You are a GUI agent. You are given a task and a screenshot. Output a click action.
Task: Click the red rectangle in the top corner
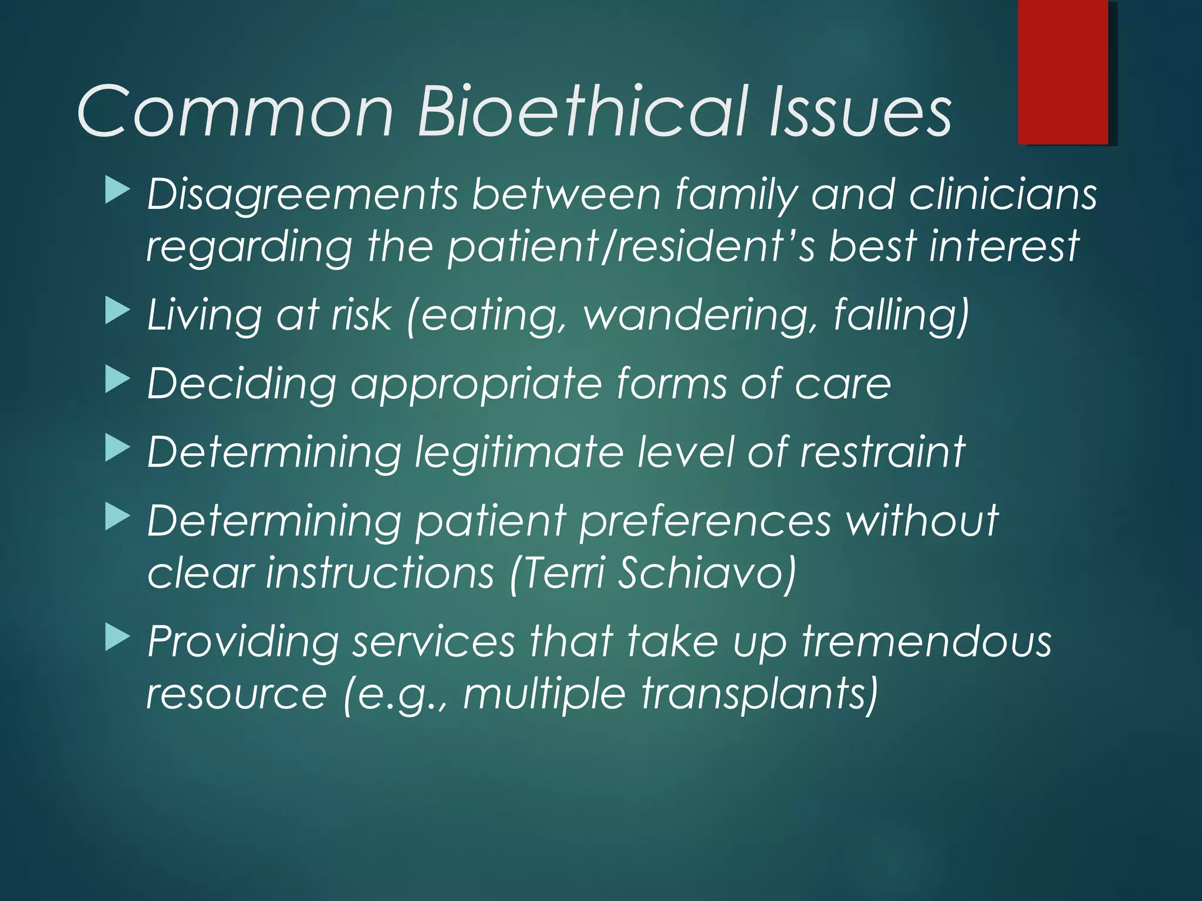[1063, 72]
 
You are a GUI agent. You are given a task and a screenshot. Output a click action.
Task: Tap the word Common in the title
[235, 111]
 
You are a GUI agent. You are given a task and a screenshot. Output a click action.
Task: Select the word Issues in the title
[860, 111]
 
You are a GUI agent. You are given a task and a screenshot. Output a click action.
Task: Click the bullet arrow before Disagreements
[117, 192]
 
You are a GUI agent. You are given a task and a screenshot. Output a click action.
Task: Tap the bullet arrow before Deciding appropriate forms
[117, 381]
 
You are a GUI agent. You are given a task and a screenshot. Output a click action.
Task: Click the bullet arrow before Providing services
[117, 639]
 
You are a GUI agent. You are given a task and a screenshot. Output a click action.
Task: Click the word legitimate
[519, 453]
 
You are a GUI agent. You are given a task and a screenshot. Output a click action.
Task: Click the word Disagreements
[302, 195]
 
